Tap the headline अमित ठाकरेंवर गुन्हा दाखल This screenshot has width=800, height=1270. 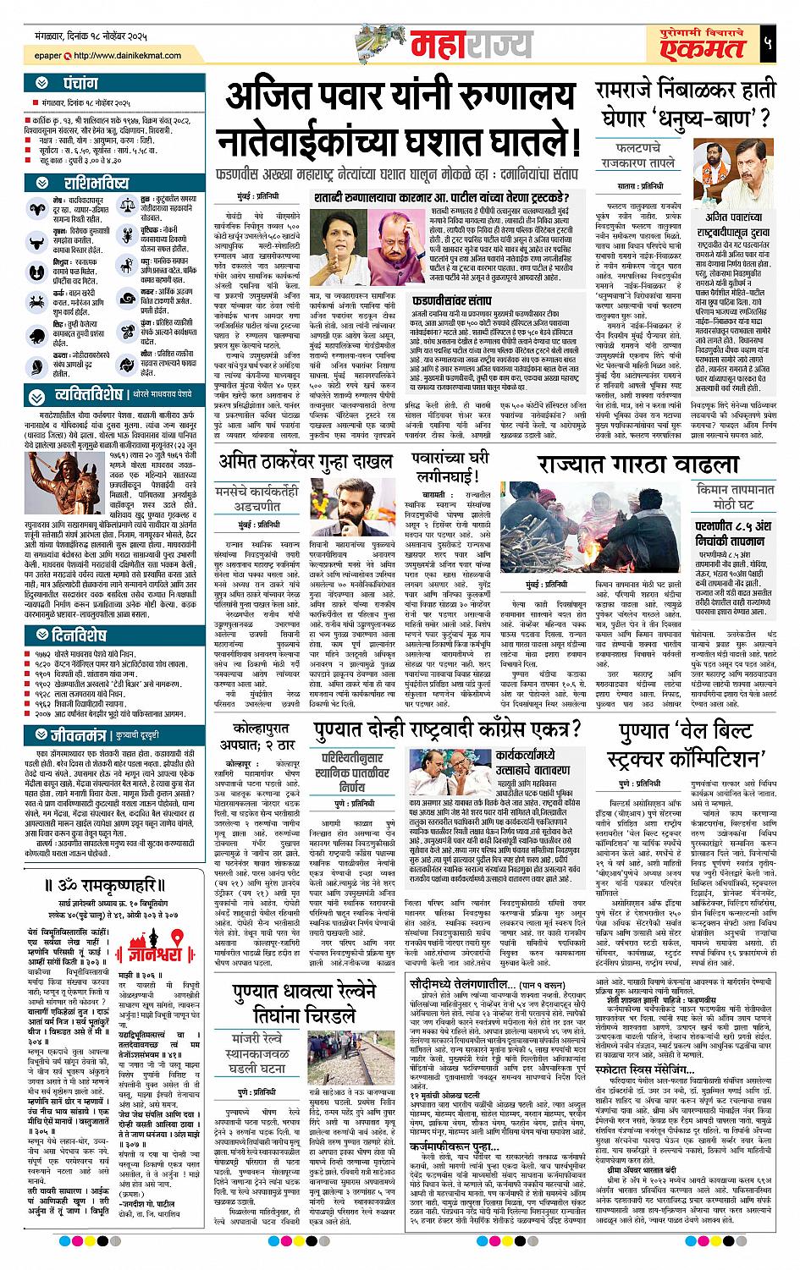coord(306,462)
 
